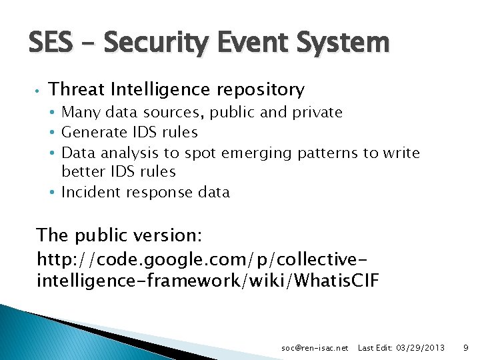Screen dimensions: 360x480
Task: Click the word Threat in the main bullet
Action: point(77,89)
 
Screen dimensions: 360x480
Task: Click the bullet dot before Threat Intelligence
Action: point(40,90)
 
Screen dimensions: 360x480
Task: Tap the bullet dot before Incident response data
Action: point(52,193)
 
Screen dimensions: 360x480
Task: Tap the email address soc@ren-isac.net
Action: point(315,348)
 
